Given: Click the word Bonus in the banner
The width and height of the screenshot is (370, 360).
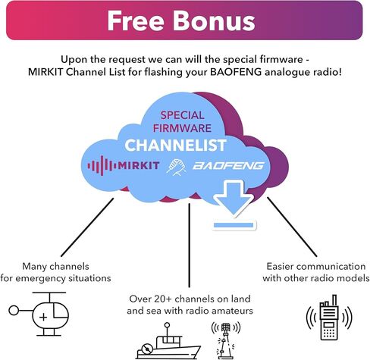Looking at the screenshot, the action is click(214, 21).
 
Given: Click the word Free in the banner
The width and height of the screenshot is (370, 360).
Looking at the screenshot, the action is click(136, 21).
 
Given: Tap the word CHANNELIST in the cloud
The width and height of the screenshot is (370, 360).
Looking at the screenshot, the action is click(175, 146).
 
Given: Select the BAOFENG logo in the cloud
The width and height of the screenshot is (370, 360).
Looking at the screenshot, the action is click(228, 166).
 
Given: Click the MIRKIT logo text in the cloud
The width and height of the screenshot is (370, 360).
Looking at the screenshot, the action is click(139, 166).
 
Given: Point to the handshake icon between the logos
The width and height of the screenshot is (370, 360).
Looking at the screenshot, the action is click(176, 167).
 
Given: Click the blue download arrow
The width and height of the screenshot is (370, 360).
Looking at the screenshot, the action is click(233, 198).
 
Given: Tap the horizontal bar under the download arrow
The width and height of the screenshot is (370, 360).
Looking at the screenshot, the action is click(234, 225).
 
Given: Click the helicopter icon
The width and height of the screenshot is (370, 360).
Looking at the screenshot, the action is click(39, 314).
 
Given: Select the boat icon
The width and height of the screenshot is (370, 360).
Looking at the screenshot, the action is click(168, 341).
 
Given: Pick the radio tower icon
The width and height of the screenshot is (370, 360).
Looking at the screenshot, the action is click(225, 340).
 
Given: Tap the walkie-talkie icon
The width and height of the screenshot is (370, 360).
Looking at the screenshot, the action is click(329, 318).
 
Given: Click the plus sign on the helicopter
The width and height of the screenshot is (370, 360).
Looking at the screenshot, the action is click(43, 317).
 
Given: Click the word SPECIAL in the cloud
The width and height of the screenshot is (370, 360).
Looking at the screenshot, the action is click(182, 116).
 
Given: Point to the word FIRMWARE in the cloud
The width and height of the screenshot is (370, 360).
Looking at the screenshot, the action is click(182, 128).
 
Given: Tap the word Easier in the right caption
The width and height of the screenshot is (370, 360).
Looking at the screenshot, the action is click(280, 267).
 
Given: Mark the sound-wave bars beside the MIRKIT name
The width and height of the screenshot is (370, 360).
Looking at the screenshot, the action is click(102, 166).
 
